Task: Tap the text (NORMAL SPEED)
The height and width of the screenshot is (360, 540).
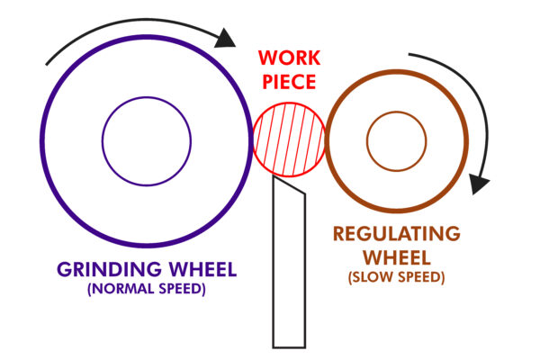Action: (x=147, y=290)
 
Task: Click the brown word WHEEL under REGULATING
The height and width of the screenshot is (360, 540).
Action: (x=397, y=256)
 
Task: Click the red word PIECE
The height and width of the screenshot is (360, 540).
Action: (x=289, y=83)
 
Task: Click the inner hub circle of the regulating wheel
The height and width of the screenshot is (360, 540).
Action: (x=396, y=140)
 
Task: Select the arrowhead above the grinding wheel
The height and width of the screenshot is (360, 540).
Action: (x=227, y=37)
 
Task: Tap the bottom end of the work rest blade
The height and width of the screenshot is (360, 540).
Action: (x=289, y=346)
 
